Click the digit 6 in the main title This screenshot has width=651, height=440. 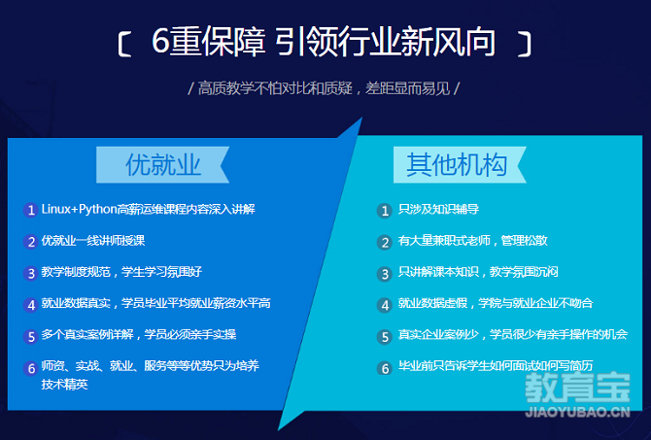coord(160,42)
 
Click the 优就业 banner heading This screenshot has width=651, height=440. coord(163,165)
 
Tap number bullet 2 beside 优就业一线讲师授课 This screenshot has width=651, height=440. coord(31,242)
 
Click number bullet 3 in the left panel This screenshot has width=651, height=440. coord(31,273)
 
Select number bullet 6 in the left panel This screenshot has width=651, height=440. coord(31,368)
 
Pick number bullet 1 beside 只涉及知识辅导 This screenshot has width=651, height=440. coord(385,211)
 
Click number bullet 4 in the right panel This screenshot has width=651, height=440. coord(385,305)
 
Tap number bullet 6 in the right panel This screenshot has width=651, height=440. coord(385,368)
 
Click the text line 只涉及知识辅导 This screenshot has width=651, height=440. coord(438,209)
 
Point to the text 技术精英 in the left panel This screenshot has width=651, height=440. coord(64,384)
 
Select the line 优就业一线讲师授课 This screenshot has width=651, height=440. coord(93,240)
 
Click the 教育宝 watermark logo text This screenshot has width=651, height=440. coord(577,388)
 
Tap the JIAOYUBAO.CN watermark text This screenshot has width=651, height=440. coord(577,412)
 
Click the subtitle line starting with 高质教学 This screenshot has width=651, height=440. coord(324,88)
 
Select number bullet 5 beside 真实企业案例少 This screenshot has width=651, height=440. coord(385,337)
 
